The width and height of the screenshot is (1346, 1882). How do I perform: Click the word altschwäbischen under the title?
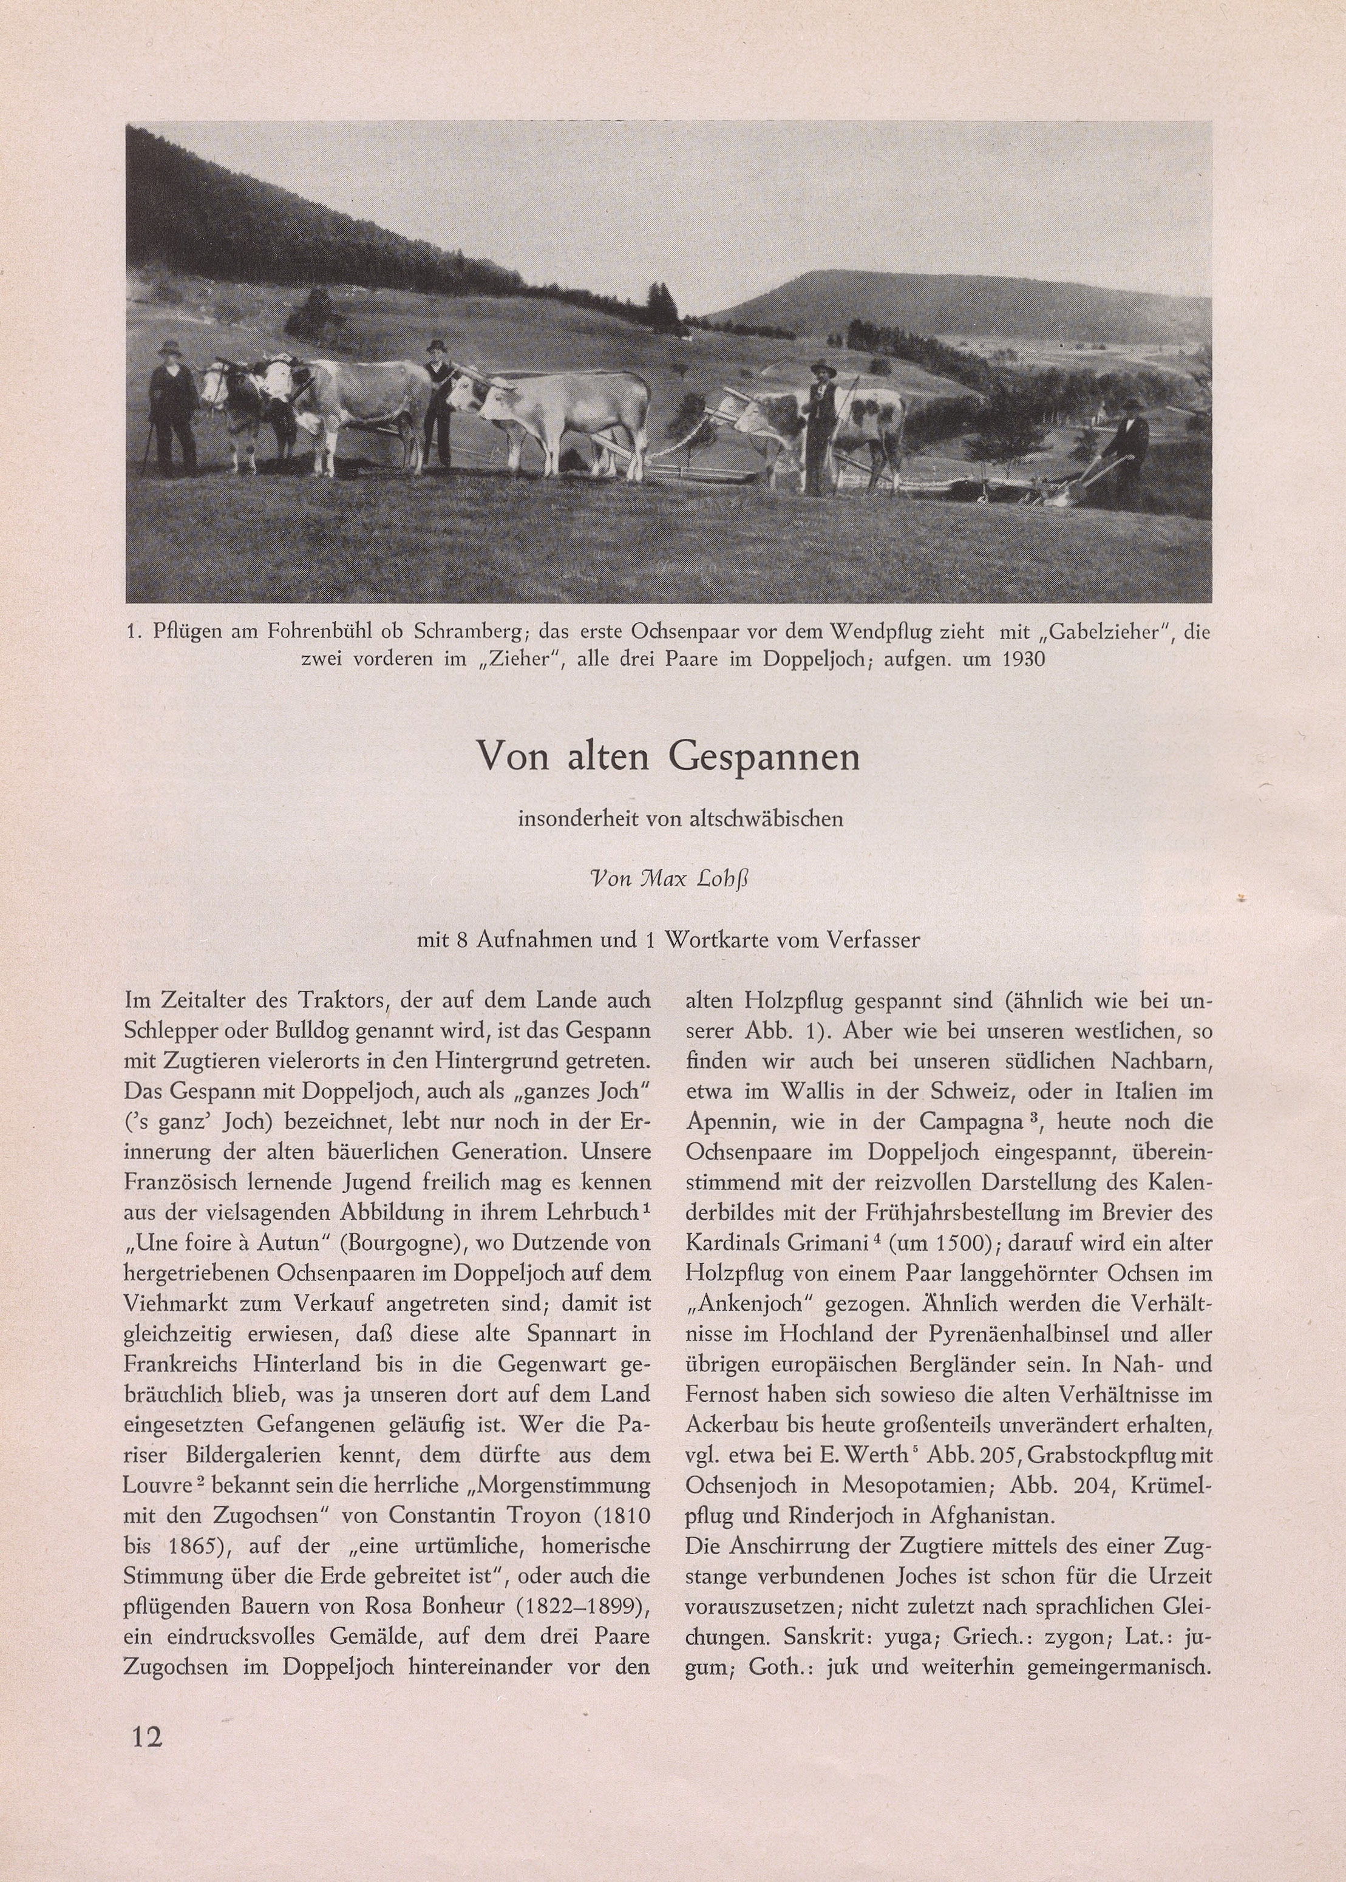tap(766, 820)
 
